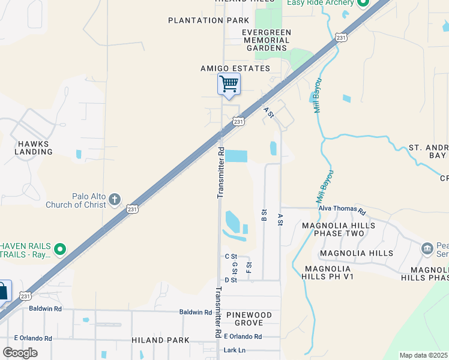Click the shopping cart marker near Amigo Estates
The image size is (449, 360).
[x=229, y=84]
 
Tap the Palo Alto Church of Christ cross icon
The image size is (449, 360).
[x=115, y=199]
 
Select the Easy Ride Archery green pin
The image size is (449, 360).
[x=362, y=3]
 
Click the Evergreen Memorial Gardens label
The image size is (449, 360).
[x=267, y=40]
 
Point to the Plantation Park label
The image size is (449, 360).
[x=205, y=20]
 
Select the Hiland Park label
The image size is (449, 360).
[x=160, y=340]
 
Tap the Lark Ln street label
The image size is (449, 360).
[x=235, y=350]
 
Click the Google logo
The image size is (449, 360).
[x=20, y=353]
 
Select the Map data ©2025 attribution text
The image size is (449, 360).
[x=424, y=355]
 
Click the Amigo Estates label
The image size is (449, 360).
[x=235, y=68]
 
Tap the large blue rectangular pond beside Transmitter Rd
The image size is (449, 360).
[x=236, y=155]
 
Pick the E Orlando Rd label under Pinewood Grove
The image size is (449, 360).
[x=243, y=337]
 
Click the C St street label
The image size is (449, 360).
[x=231, y=257]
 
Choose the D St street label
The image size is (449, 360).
[x=231, y=280]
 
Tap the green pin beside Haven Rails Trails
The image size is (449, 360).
[x=59, y=248]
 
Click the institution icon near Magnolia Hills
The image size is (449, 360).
[x=427, y=248]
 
